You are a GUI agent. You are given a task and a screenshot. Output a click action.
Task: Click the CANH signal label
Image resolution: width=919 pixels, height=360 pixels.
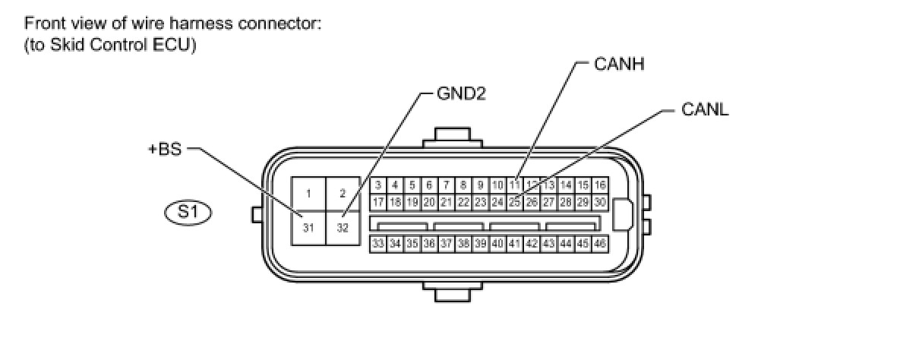[x=619, y=64]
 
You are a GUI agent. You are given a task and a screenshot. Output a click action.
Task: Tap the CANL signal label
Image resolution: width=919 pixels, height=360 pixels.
[x=705, y=109]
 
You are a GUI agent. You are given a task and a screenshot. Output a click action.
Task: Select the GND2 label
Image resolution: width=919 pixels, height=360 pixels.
[x=460, y=94]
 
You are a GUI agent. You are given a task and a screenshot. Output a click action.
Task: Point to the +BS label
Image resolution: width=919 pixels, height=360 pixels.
[x=165, y=149]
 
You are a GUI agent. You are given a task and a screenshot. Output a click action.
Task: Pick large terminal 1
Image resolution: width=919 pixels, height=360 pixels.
[x=308, y=193]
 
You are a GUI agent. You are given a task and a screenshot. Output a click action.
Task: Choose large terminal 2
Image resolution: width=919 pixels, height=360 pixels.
[x=343, y=193]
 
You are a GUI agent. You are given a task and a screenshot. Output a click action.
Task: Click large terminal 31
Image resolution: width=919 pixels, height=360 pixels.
[x=308, y=227]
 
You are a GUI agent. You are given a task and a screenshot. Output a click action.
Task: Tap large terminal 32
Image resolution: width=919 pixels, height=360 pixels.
[x=343, y=227]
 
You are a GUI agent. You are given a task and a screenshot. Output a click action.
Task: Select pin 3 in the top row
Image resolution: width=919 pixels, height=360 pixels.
[x=377, y=185]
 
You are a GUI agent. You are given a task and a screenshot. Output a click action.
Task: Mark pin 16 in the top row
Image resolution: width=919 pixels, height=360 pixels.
[x=600, y=185]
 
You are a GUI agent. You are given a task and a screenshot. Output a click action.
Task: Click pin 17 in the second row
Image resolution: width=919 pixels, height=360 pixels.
[x=377, y=202]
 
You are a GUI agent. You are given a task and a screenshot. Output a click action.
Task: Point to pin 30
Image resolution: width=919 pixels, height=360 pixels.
[x=600, y=202]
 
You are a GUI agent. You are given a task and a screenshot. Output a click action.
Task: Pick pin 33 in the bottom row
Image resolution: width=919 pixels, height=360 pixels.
[x=377, y=244]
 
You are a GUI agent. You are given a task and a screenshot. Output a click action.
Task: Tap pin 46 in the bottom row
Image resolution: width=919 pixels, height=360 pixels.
[x=600, y=244]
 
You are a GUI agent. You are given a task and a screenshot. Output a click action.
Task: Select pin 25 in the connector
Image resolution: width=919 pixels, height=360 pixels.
[x=514, y=202]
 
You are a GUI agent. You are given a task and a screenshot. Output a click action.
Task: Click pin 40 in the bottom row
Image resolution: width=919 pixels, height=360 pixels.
[x=497, y=244]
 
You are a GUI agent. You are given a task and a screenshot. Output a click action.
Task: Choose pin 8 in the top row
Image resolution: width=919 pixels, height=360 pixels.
[x=463, y=185]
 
